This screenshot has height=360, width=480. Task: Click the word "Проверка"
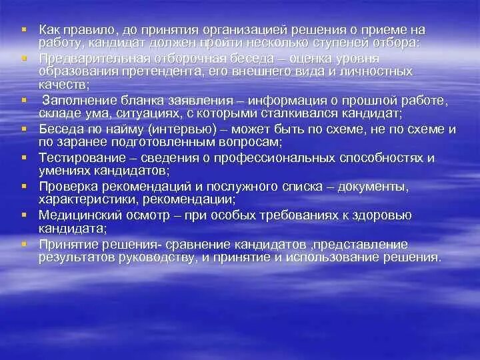65,187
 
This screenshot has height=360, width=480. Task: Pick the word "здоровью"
383,215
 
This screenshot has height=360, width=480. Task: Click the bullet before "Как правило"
23,30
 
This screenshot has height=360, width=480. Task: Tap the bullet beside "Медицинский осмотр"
23,215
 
